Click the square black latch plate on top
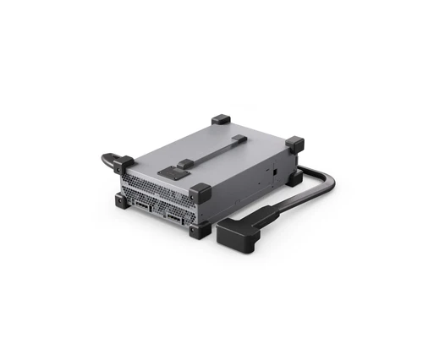(x=173, y=173)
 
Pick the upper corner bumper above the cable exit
(x=294, y=145)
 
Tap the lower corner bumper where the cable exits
(x=295, y=177)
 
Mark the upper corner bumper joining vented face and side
(x=200, y=191)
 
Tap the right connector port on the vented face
(x=175, y=219)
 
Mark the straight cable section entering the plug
(x=288, y=209)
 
